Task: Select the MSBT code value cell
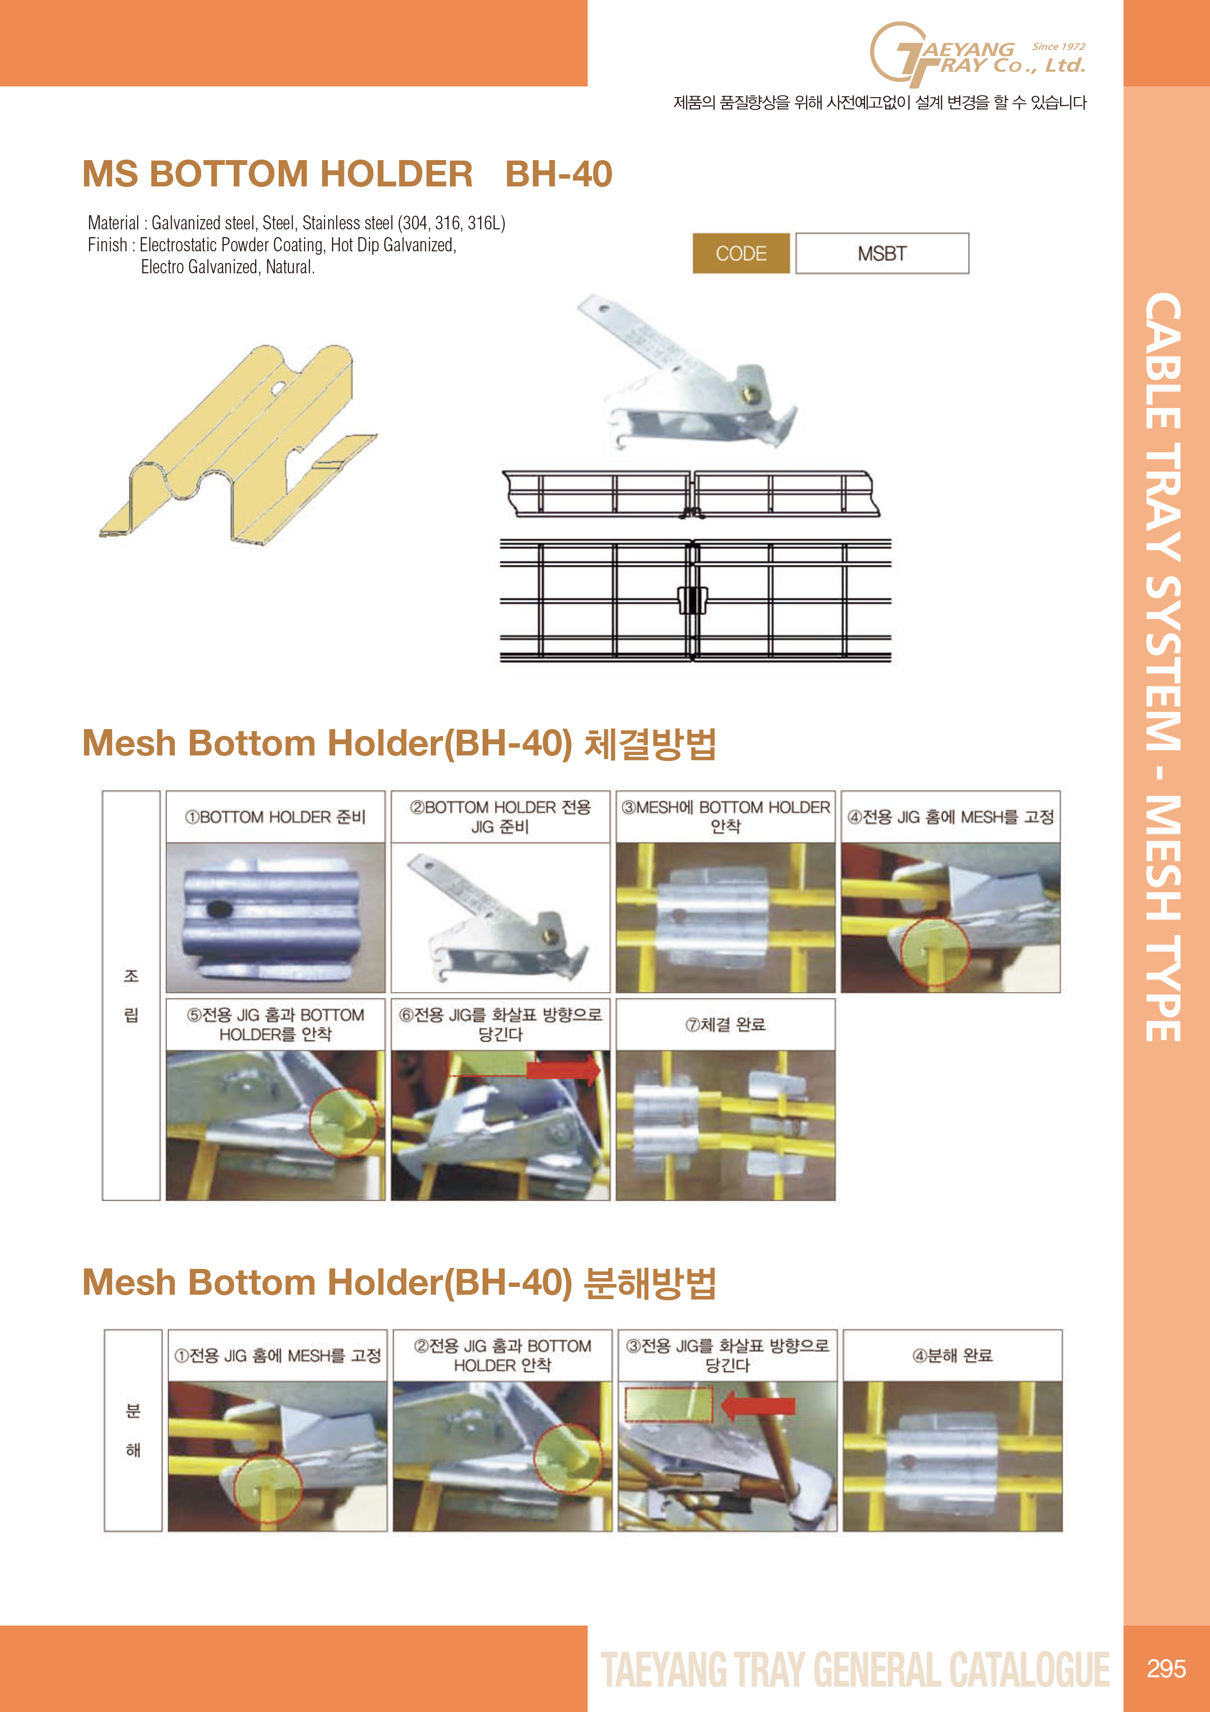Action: (x=882, y=253)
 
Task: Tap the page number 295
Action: (x=1166, y=1668)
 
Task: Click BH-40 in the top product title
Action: (x=558, y=174)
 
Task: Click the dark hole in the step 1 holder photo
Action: (x=219, y=909)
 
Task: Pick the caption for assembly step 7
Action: (x=726, y=1024)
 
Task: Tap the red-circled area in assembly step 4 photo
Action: (x=935, y=952)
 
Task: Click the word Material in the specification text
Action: (x=113, y=223)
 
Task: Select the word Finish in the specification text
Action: (x=107, y=245)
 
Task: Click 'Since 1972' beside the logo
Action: (x=1059, y=46)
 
